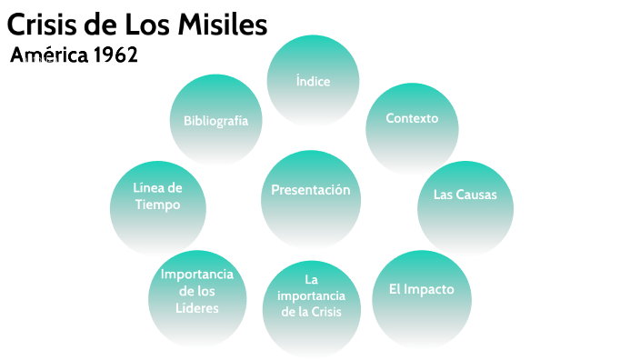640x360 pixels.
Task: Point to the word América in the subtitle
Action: (x=48, y=55)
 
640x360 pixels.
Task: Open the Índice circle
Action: (x=313, y=81)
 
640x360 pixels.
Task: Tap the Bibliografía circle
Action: (x=215, y=121)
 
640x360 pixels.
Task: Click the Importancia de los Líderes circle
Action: (x=197, y=291)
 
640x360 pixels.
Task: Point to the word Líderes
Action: (x=197, y=308)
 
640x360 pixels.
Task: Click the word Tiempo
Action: (x=158, y=205)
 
